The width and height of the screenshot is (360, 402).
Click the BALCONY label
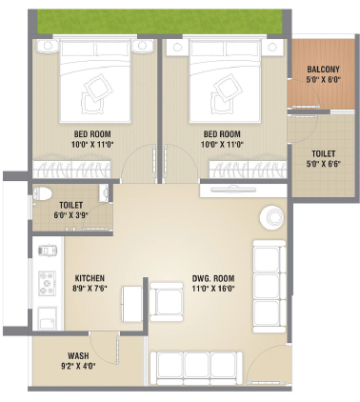323,70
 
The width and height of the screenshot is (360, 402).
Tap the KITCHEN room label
90,278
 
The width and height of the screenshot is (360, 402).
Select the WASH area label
78,356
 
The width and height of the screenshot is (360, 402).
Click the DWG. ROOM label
213,278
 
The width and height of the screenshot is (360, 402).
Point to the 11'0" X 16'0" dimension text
213,289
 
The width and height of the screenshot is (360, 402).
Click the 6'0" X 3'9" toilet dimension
70,214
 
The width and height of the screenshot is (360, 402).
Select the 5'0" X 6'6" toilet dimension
323,165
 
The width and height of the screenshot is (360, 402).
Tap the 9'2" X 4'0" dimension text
78,366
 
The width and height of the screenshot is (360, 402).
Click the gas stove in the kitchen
47,283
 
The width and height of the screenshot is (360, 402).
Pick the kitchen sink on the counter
47,318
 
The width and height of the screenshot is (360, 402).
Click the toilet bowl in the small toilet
43,193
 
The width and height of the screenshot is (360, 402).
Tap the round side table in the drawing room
271,217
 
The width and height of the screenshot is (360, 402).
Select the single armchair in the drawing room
167,302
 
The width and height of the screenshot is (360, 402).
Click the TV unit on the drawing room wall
244,191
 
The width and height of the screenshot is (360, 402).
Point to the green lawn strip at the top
160,21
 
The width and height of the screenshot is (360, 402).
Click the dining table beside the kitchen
132,304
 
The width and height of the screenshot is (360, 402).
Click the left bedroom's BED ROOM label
92,134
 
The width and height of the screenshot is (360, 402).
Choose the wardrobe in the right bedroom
248,167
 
